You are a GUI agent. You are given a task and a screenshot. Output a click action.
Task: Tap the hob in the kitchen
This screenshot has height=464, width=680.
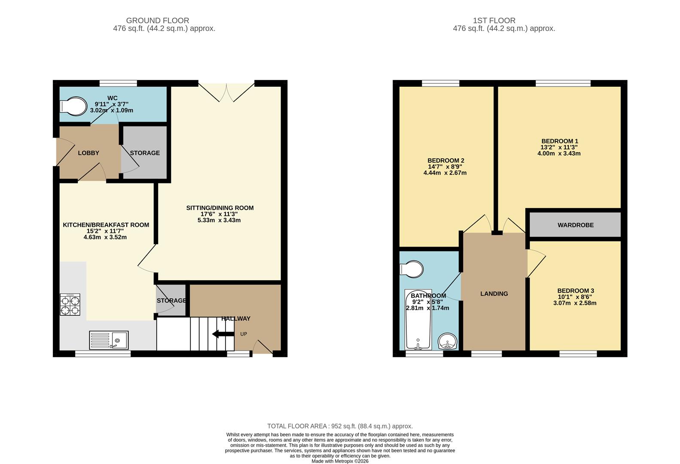pos(70,305)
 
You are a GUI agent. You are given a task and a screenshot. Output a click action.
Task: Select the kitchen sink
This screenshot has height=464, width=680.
pos(108,340)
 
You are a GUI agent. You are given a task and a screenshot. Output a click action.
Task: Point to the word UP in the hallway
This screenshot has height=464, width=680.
pos(244,334)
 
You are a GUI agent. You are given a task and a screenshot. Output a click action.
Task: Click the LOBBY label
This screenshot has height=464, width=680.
pos(88,153)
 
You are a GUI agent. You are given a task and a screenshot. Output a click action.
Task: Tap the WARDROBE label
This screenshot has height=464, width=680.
pos(576,225)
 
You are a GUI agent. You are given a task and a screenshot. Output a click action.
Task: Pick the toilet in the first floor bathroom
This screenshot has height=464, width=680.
pos(412,269)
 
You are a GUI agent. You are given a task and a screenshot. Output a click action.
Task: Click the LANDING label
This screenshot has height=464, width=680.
pos(494,294)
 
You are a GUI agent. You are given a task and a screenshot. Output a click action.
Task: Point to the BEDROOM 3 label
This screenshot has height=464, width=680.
pos(576,291)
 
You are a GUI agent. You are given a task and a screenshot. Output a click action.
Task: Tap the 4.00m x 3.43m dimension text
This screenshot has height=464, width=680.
pos(559,153)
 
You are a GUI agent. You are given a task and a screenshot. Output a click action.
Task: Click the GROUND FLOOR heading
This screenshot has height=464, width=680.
pos(158,20)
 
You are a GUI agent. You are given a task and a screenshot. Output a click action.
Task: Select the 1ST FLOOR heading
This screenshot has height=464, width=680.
pos(494,20)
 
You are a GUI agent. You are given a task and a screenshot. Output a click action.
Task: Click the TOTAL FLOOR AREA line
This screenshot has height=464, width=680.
pos(340,426)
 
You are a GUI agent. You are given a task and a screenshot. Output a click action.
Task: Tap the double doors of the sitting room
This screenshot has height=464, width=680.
pos(226,91)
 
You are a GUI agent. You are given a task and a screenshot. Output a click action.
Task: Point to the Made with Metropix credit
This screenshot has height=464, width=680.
pos(340,461)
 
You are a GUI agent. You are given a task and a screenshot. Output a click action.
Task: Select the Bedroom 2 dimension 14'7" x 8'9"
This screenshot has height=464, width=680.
pos(445,167)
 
